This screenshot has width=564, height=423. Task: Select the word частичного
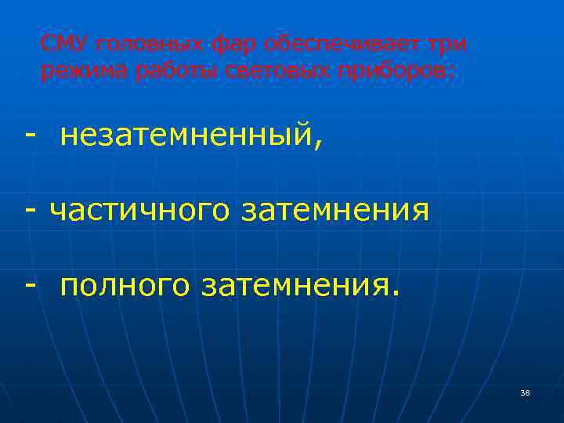click(x=140, y=211)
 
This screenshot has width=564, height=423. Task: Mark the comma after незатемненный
click(x=317, y=146)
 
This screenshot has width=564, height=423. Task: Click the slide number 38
click(x=525, y=392)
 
